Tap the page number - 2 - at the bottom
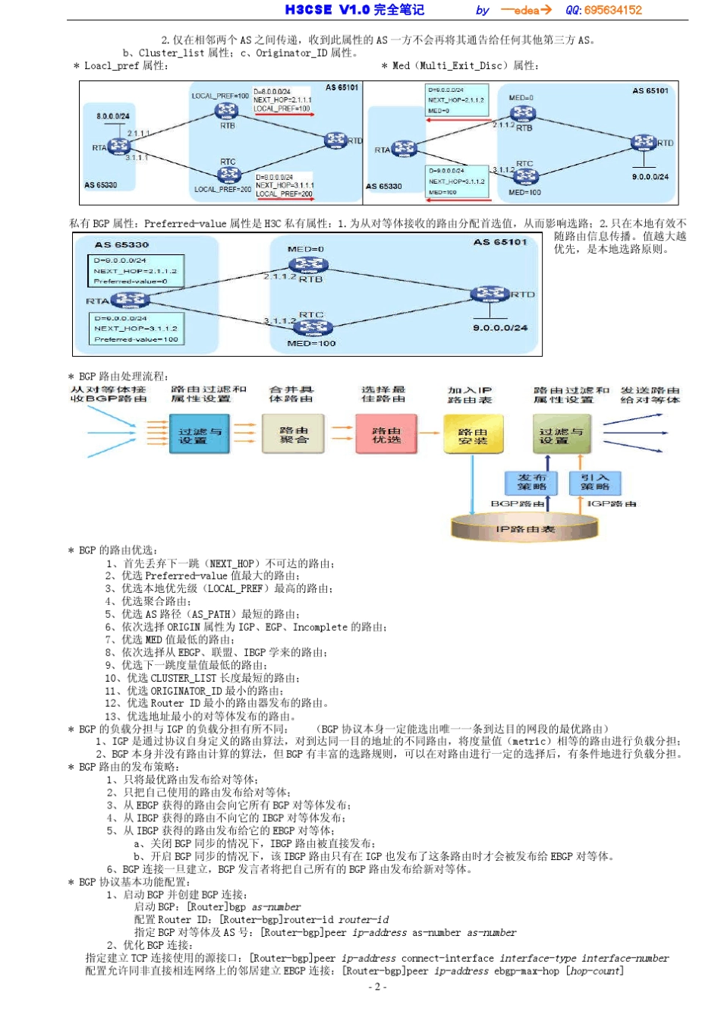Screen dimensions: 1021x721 click(x=377, y=987)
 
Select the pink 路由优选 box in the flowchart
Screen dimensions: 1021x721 click(x=386, y=434)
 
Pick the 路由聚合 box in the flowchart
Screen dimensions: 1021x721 click(x=293, y=434)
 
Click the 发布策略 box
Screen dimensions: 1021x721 click(x=531, y=482)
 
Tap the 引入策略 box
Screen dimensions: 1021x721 click(x=595, y=482)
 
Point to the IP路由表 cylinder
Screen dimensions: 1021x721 click(x=524, y=528)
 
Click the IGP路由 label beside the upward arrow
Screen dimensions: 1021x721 click(x=612, y=503)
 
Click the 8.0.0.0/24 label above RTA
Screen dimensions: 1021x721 click(x=112, y=116)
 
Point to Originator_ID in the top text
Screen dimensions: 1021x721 click(x=291, y=53)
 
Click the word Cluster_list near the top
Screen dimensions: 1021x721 click(x=171, y=53)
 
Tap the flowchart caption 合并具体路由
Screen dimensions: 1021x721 click(x=291, y=393)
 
